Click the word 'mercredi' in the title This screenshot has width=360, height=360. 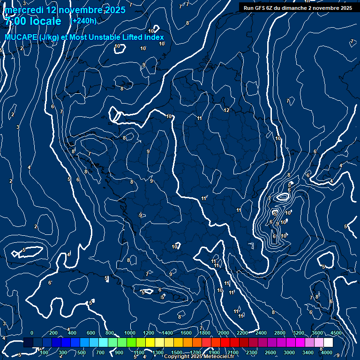click(x=21, y=10)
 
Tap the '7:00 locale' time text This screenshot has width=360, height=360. click(x=32, y=22)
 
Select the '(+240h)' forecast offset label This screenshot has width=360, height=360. click(x=83, y=21)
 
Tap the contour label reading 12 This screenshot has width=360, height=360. click(x=226, y=110)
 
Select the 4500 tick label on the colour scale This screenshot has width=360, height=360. click(x=336, y=333)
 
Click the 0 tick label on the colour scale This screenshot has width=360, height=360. click(x=31, y=333)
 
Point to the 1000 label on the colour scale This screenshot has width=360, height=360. click(x=130, y=333)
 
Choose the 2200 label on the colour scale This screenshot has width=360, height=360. click(x=242, y=333)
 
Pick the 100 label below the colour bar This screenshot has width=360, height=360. click(x=44, y=352)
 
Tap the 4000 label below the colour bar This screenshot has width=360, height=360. click(x=327, y=352)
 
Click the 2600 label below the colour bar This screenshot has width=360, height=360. click(x=270, y=352)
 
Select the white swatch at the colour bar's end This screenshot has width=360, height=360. click(x=328, y=343)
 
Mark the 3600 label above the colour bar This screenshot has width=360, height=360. click(x=317, y=333)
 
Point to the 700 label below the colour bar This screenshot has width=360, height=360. click(x=100, y=352)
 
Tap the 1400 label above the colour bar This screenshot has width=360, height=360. click(x=167, y=333)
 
